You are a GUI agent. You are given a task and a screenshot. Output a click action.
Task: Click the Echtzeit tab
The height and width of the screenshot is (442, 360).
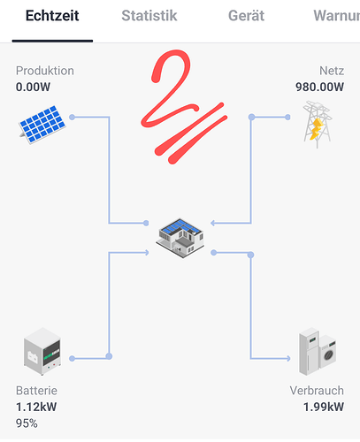click(52, 16)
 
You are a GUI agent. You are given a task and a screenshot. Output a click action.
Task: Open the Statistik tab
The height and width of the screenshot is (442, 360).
click(149, 16)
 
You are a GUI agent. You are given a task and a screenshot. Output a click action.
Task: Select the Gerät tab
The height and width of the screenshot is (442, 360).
click(246, 16)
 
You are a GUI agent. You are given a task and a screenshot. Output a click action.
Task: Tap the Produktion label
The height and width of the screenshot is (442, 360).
click(45, 71)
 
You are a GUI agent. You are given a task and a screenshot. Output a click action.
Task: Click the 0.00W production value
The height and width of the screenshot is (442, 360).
click(33, 87)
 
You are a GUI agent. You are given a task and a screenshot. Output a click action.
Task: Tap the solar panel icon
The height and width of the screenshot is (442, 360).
click(42, 125)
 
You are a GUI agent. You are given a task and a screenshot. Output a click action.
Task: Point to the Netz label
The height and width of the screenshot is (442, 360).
click(332, 71)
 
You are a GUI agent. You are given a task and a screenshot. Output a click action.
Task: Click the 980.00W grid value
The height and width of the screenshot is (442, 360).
click(319, 87)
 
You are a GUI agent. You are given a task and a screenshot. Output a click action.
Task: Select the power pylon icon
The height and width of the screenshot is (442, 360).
click(318, 125)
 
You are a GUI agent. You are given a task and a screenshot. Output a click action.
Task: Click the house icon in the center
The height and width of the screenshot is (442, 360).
click(180, 238)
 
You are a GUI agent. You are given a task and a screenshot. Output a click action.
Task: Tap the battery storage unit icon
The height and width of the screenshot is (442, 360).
click(42, 351)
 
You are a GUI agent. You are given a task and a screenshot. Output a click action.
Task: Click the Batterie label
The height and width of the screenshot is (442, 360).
click(36, 391)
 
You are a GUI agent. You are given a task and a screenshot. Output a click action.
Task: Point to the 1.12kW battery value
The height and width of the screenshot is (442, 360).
click(36, 407)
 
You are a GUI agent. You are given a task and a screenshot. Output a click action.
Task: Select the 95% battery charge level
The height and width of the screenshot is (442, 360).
click(27, 423)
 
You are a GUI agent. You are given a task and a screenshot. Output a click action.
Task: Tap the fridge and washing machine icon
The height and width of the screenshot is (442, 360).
click(318, 351)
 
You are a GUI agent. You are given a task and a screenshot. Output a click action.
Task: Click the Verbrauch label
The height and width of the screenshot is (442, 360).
click(317, 391)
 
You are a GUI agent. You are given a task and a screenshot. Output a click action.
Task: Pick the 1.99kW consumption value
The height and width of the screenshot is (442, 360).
click(324, 407)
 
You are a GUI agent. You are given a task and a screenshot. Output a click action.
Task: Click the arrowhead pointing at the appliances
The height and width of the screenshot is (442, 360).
click(288, 358)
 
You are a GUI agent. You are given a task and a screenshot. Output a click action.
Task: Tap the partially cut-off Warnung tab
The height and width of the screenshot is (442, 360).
click(337, 16)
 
